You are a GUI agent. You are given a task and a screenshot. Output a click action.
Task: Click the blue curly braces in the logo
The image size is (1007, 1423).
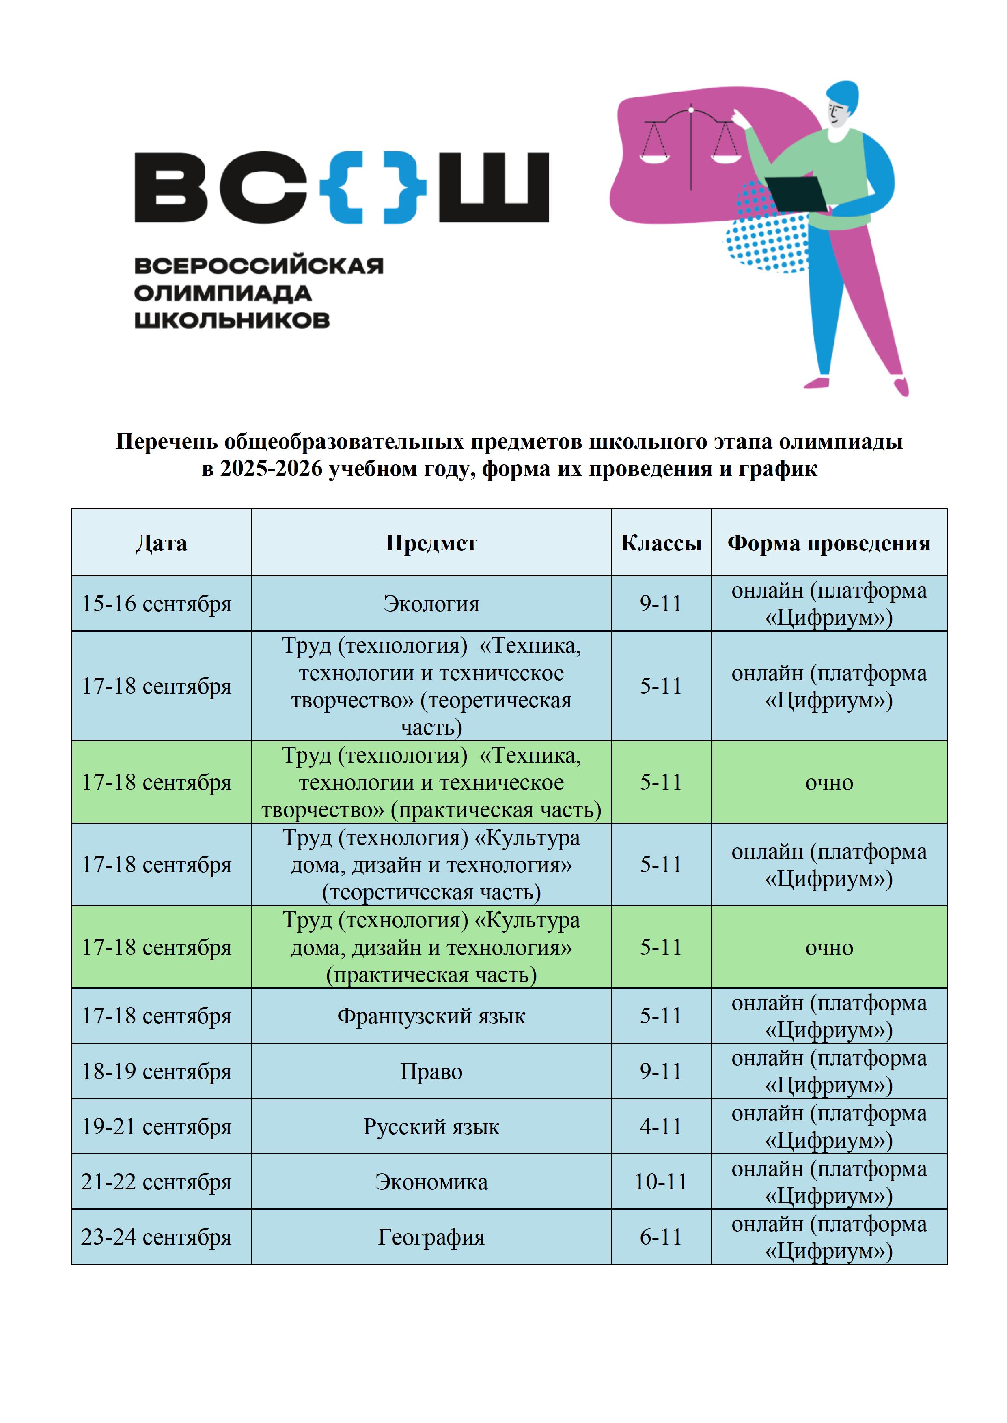(x=373, y=187)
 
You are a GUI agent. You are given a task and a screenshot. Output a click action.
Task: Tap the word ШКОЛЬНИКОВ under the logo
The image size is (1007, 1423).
(x=232, y=320)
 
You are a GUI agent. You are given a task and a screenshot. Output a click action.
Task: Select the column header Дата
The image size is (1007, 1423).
(x=161, y=543)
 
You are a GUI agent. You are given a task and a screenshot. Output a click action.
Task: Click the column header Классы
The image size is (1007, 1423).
(x=661, y=543)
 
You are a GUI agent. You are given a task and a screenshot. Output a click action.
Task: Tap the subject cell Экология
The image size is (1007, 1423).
(x=431, y=604)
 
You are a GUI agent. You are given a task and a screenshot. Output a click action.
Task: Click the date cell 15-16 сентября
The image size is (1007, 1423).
(x=156, y=604)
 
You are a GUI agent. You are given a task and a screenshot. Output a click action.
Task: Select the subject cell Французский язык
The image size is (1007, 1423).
(x=431, y=1016)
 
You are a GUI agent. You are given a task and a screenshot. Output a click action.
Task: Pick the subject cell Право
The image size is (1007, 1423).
(x=431, y=1072)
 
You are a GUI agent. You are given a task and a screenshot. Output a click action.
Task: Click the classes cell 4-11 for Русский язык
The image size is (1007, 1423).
(x=661, y=1126)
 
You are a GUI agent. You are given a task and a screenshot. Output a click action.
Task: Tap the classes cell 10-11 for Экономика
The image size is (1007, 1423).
(x=661, y=1181)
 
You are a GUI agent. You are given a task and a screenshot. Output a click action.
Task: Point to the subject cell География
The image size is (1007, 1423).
(x=431, y=1237)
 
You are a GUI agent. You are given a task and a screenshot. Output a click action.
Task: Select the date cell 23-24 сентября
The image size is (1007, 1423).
(x=156, y=1237)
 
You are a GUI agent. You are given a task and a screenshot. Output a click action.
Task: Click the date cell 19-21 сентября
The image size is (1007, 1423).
(x=156, y=1126)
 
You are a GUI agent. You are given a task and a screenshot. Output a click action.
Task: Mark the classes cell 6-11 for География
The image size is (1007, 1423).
(x=661, y=1237)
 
